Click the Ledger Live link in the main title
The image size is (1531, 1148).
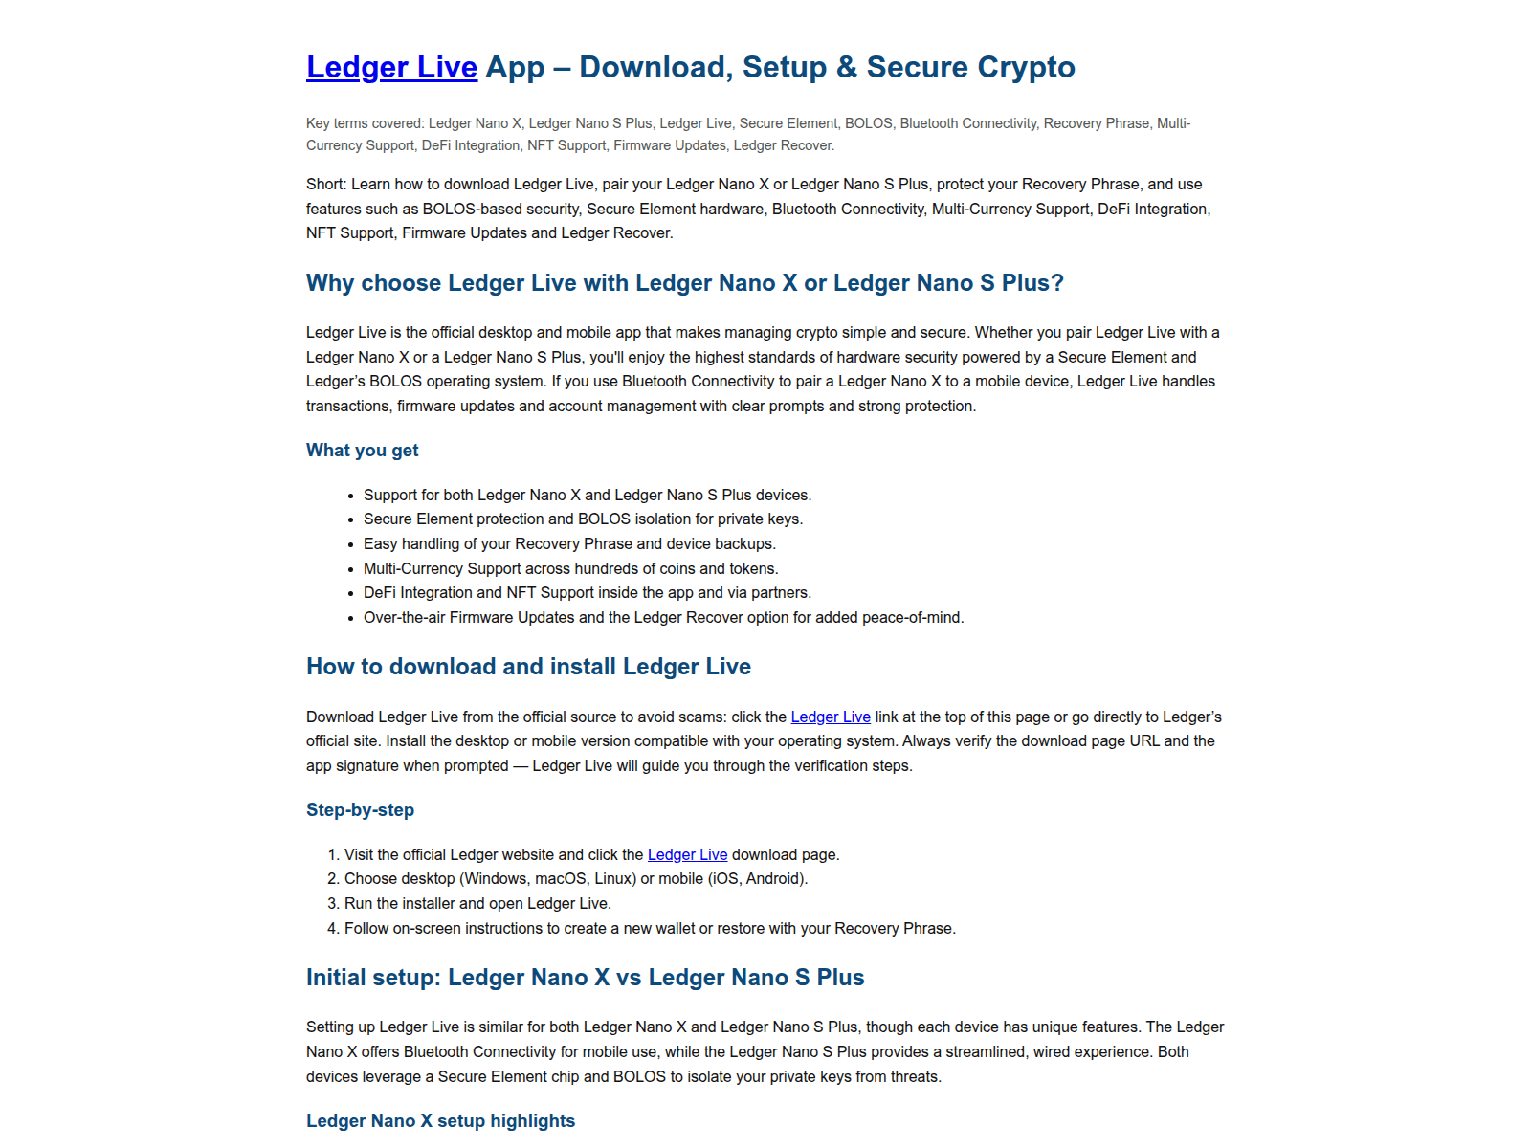tap(391, 67)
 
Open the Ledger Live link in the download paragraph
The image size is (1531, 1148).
tap(831, 717)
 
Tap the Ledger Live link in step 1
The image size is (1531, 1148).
tap(687, 854)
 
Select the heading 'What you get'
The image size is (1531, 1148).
tap(362, 451)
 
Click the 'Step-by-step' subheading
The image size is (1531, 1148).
tap(360, 810)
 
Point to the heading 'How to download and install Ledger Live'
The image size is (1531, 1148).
tap(528, 667)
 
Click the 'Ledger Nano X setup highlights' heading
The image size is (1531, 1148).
tap(440, 1121)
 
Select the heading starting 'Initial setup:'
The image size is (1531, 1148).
tap(585, 978)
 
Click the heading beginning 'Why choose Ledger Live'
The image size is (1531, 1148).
tap(684, 283)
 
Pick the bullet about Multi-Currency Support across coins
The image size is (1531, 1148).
tap(570, 568)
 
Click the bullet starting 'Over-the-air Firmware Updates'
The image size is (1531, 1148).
tap(663, 617)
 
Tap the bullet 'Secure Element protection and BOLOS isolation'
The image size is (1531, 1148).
tap(583, 519)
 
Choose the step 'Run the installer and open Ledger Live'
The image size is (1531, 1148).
tap(477, 903)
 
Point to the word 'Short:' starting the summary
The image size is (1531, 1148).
tap(326, 184)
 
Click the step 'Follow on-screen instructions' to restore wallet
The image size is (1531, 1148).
tap(650, 928)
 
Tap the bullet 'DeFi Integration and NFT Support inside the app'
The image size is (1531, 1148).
tap(587, 592)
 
